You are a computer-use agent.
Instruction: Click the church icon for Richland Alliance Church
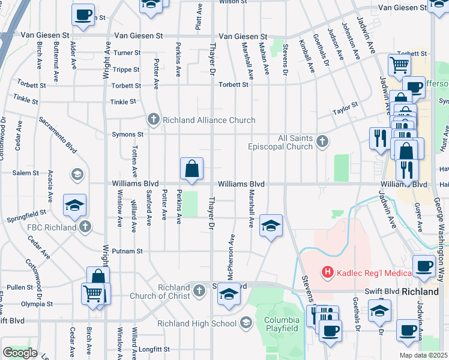(x=154, y=119)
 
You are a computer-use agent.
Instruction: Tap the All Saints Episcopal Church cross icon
(x=322, y=142)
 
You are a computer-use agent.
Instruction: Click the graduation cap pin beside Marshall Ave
(x=271, y=226)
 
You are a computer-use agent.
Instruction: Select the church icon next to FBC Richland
(x=86, y=227)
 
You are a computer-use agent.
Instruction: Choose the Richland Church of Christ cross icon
(x=200, y=292)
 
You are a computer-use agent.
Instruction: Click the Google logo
(x=20, y=353)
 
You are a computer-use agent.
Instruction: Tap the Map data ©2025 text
(x=423, y=355)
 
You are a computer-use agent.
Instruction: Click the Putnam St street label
(x=130, y=251)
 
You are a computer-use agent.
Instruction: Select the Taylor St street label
(x=346, y=108)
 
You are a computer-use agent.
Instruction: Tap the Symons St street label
(x=127, y=134)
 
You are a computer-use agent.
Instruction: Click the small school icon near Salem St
(x=76, y=175)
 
